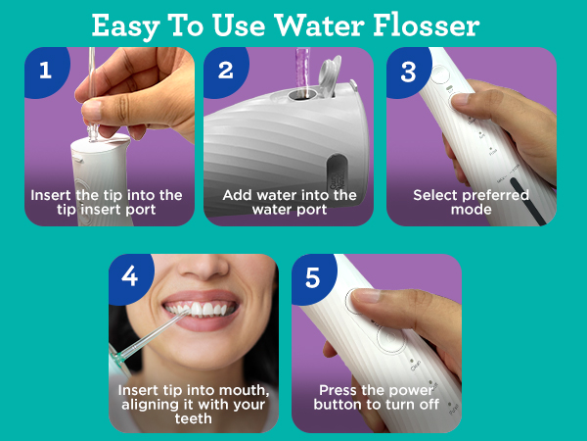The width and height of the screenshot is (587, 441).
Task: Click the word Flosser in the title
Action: click(x=427, y=25)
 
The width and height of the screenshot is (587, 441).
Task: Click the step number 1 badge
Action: click(x=46, y=72)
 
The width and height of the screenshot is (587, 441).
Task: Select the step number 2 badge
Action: click(x=225, y=72)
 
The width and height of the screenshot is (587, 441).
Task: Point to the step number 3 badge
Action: click(x=408, y=72)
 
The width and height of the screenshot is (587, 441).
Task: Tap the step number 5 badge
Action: click(x=313, y=278)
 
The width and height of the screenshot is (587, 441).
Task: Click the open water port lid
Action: click(x=330, y=75)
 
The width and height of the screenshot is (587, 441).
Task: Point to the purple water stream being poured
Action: click(x=302, y=70)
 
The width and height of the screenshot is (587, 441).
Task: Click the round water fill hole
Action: click(x=302, y=94)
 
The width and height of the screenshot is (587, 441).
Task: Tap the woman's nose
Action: click(x=203, y=267)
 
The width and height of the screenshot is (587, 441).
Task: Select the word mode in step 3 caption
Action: click(x=471, y=210)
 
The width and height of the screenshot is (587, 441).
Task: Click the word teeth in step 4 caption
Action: click(x=193, y=418)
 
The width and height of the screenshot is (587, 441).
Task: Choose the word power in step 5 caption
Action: click(x=412, y=391)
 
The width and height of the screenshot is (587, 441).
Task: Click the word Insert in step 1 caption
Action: click(x=51, y=195)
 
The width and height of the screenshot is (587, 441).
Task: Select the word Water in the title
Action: click(x=319, y=25)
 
